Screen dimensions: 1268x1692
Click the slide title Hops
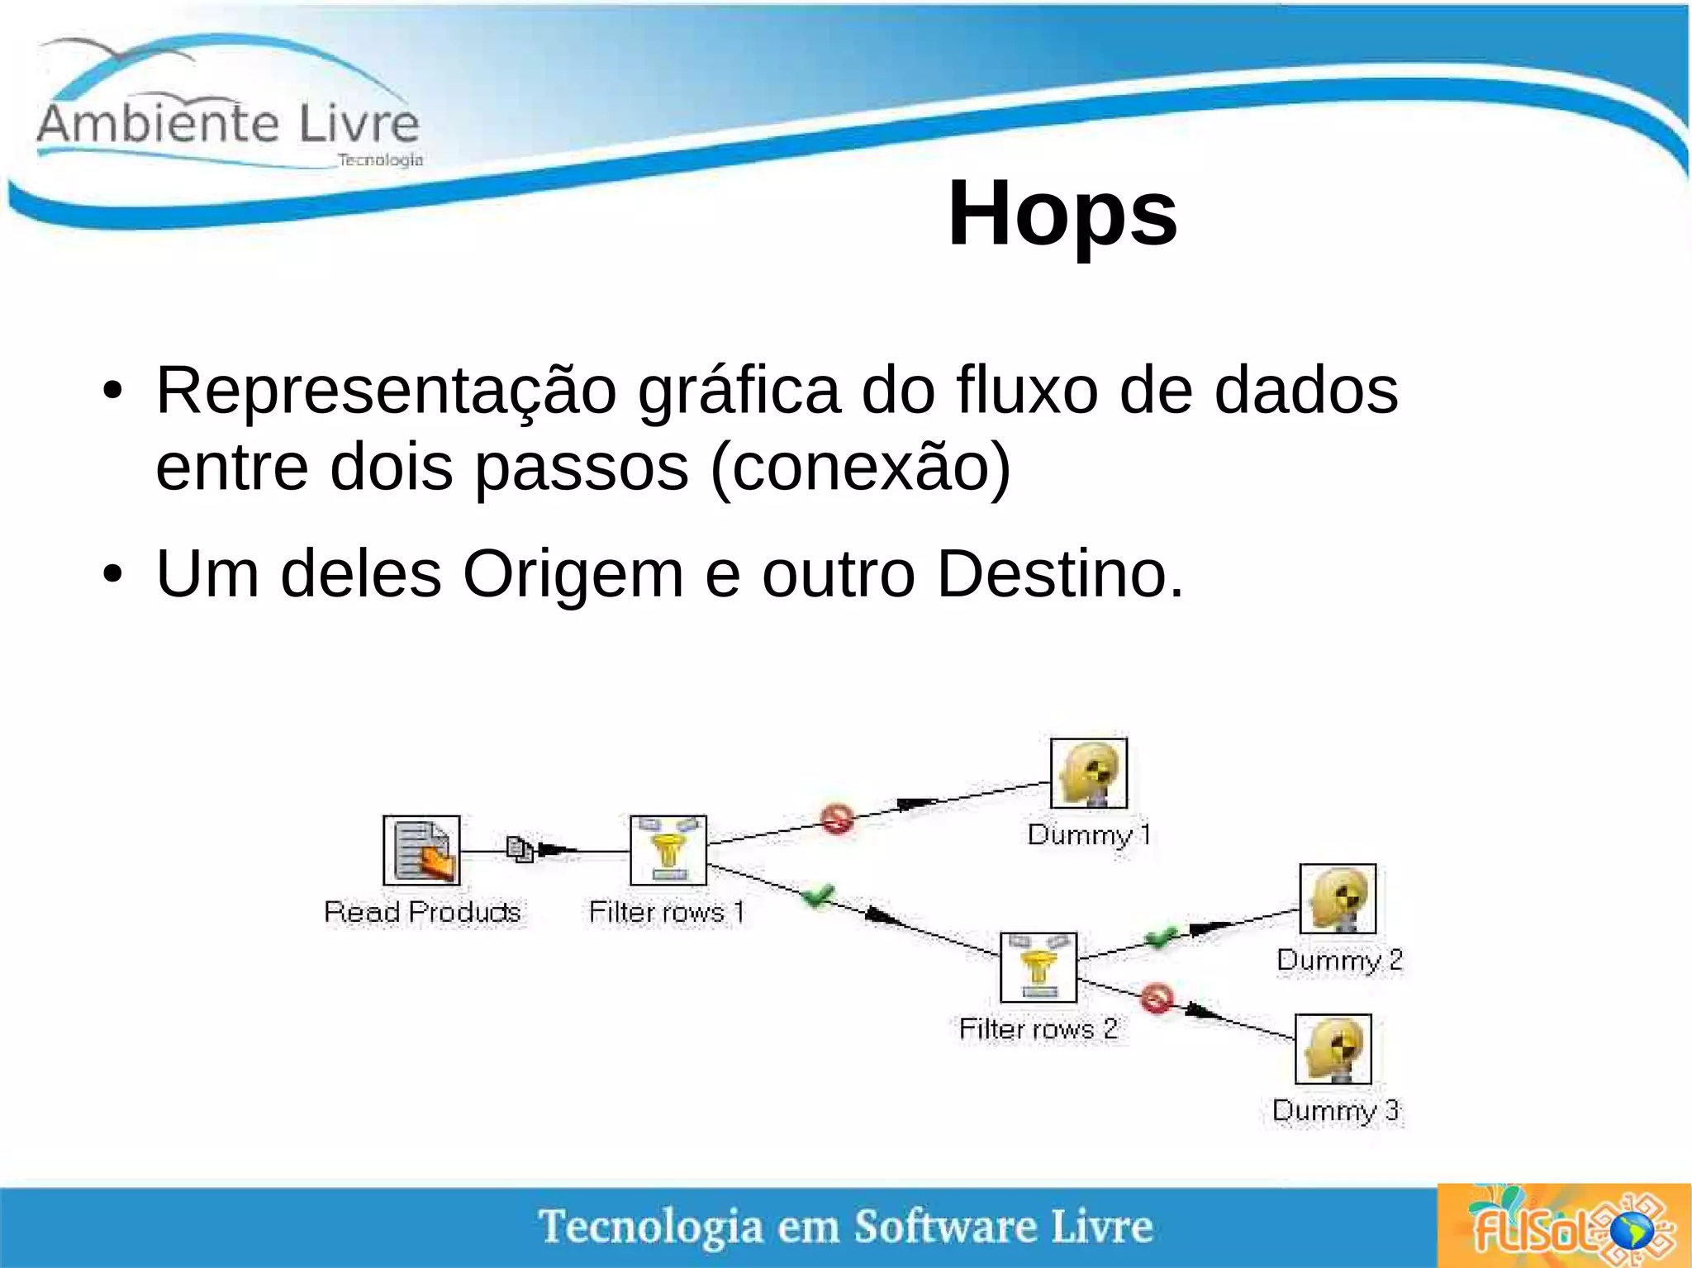pos(1062,213)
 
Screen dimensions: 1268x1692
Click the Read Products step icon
pos(421,851)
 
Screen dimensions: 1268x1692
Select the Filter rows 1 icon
pos(668,851)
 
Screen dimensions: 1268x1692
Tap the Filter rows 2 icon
pos(1038,967)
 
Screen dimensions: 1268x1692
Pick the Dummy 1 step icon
pos(1089,773)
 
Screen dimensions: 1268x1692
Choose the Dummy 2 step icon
pos(1338,899)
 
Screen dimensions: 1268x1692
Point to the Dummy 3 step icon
pos(1333,1049)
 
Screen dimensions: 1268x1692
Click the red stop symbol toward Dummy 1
pos(837,819)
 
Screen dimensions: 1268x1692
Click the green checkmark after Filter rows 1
pos(819,895)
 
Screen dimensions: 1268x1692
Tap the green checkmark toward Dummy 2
pos(1162,938)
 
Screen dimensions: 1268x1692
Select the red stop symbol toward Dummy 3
pos(1157,998)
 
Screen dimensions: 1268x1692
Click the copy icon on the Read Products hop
pos(520,849)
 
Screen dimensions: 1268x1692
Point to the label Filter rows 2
pos(1038,1029)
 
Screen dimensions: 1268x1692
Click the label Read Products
pos(422,912)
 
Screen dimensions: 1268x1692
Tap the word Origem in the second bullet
pos(572,573)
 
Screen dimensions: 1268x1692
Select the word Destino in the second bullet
pos(1060,573)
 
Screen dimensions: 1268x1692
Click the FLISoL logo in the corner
pos(1563,1226)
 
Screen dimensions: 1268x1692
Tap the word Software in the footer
pos(945,1226)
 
